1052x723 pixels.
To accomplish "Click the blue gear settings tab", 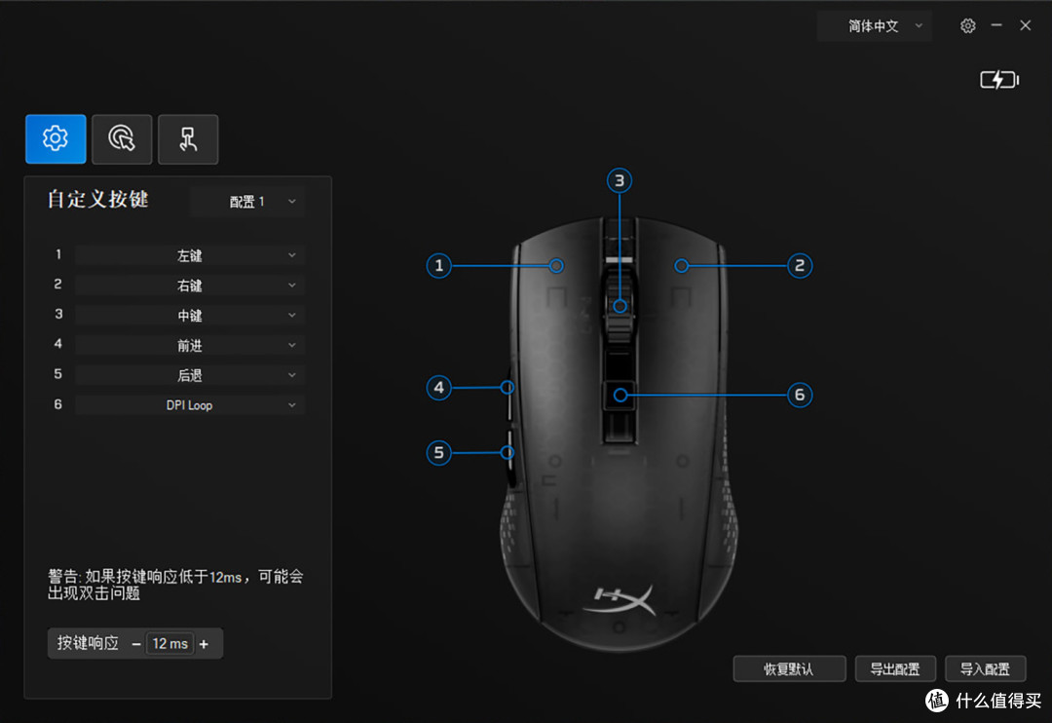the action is pyautogui.click(x=56, y=139).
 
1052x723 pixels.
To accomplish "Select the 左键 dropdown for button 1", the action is pyautogui.click(x=190, y=255).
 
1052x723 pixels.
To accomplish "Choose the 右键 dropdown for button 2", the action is pyautogui.click(x=190, y=285).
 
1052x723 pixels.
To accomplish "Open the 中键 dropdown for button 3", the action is pyautogui.click(x=190, y=316).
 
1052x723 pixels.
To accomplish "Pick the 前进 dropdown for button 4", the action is pyautogui.click(x=190, y=345).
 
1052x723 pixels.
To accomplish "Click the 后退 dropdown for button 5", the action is pyautogui.click(x=190, y=375).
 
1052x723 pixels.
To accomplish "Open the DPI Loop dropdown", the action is pyautogui.click(x=190, y=404).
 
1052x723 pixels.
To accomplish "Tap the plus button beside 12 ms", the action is pyautogui.click(x=204, y=644).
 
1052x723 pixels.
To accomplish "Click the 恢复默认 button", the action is pyautogui.click(x=789, y=668).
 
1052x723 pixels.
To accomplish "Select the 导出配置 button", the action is pyautogui.click(x=895, y=668).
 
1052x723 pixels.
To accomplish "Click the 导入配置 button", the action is pyautogui.click(x=985, y=668).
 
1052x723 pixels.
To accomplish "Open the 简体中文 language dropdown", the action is pyautogui.click(x=874, y=26).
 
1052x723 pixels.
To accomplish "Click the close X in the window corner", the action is pyautogui.click(x=1025, y=25).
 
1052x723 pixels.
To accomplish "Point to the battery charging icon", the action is pyautogui.click(x=999, y=80).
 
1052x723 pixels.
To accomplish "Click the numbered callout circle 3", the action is pyautogui.click(x=620, y=180).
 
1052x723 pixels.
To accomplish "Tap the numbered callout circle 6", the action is pyautogui.click(x=799, y=395).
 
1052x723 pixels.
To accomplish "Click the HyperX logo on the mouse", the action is pyautogui.click(x=620, y=599).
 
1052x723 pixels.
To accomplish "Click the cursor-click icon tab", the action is pyautogui.click(x=122, y=139).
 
